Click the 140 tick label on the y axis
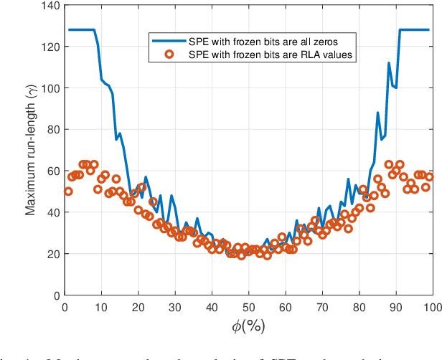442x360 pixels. coord(51,6)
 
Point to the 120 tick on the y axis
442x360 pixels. coord(51,47)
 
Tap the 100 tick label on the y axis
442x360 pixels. coord(51,88)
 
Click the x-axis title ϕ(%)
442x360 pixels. coord(248,326)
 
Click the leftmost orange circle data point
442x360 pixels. coord(68,191)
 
